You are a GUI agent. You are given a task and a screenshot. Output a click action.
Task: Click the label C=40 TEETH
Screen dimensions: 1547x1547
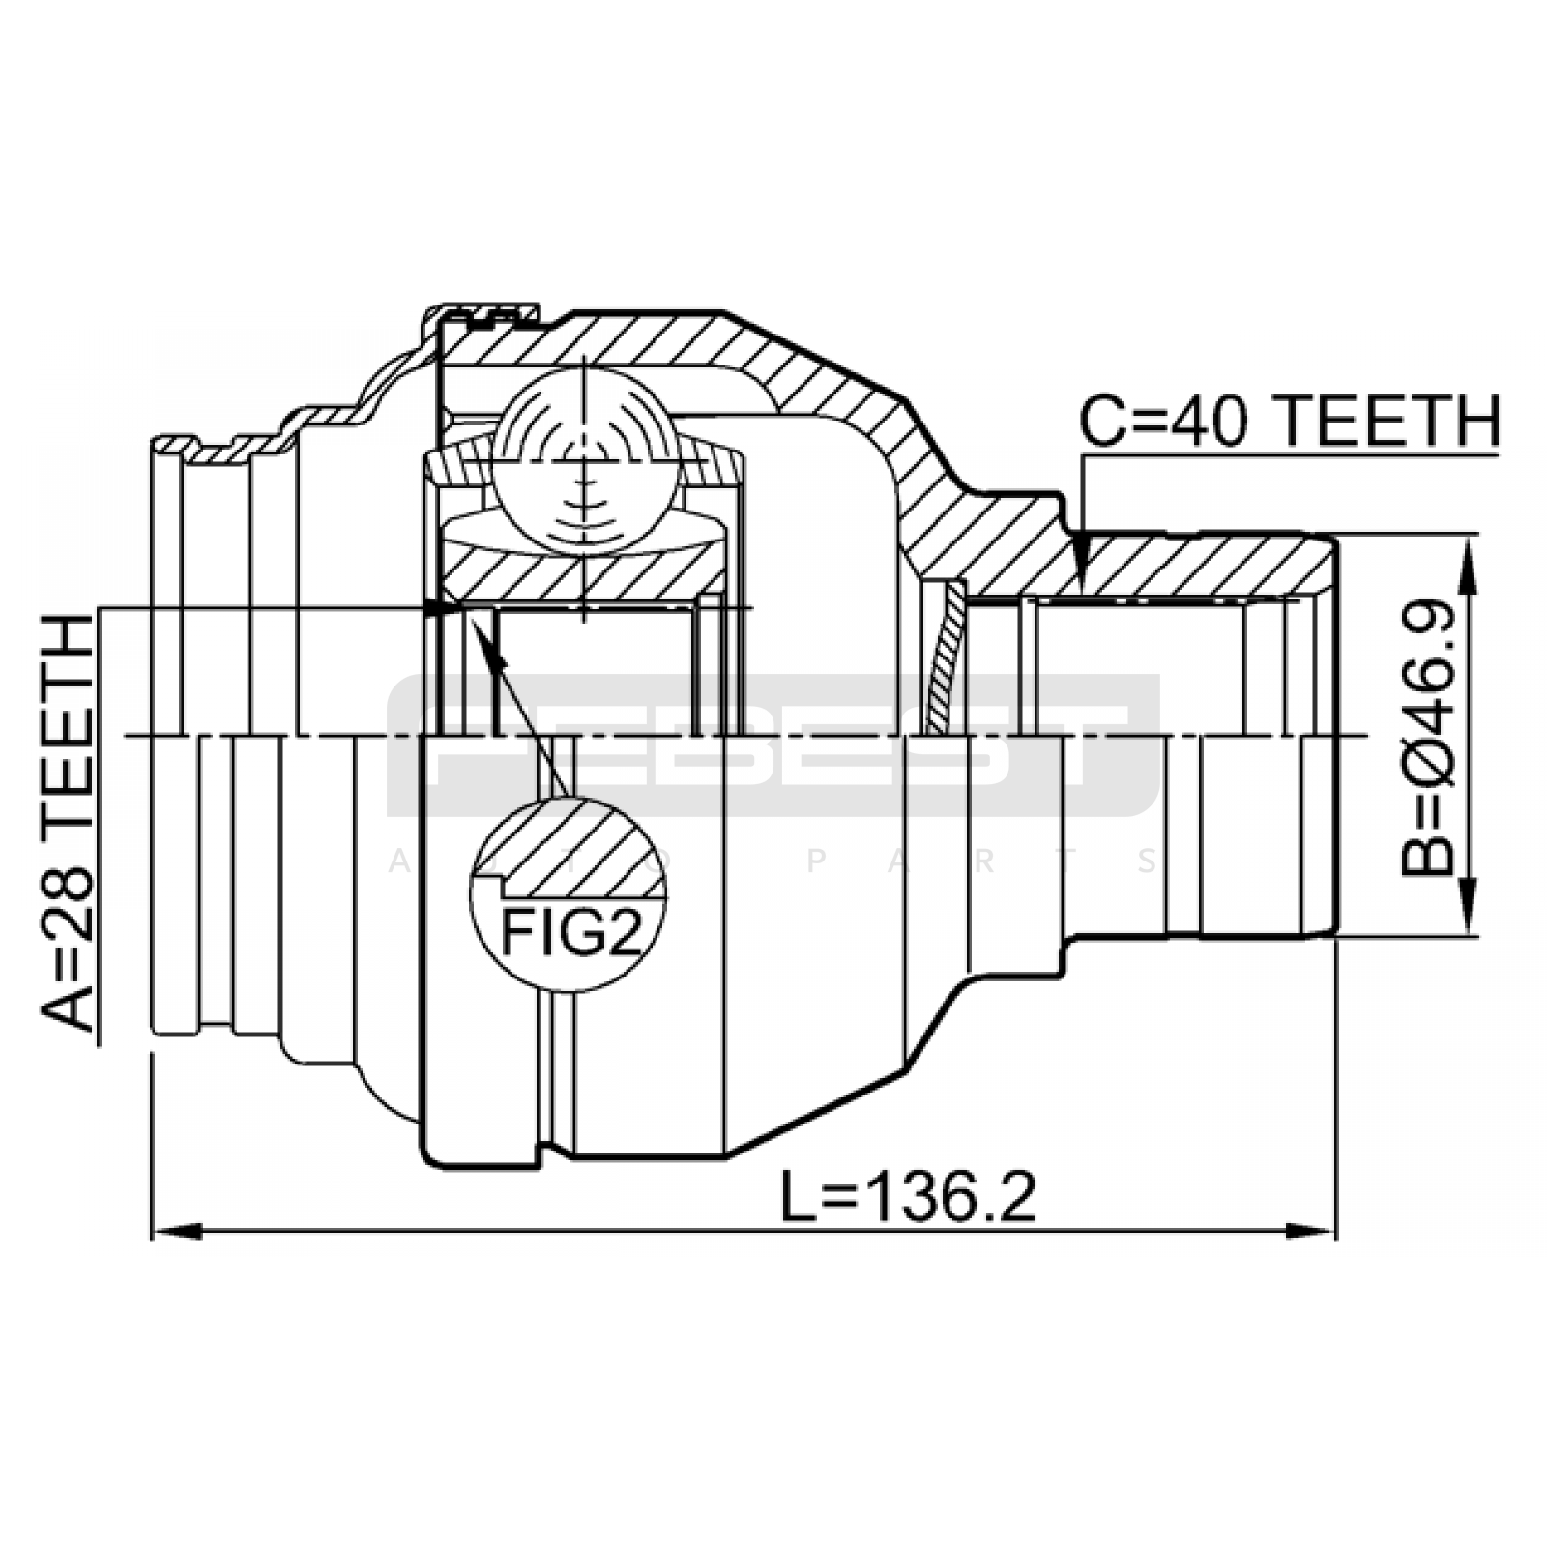1290,422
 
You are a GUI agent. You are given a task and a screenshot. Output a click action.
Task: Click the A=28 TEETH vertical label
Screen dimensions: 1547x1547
67,824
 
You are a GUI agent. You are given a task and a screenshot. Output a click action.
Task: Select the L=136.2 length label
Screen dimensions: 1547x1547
908,1198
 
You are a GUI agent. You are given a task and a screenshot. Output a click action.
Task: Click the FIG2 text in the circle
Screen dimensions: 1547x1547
570,932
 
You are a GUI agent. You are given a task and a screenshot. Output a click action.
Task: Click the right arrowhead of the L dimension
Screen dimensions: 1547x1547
1312,1232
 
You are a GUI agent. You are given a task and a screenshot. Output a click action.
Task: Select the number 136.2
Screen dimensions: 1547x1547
952,1198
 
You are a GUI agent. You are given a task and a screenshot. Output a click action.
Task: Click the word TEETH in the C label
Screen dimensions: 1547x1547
1384,422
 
